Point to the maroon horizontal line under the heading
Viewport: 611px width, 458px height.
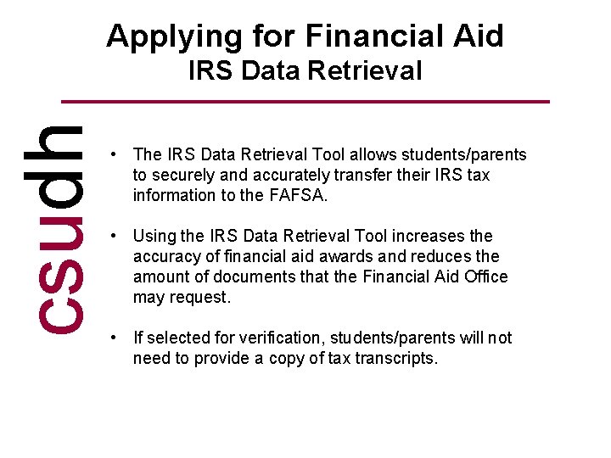pyautogui.click(x=306, y=103)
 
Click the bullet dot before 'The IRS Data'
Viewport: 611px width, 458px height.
pyautogui.click(x=113, y=154)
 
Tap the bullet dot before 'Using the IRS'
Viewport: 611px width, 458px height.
pyautogui.click(x=113, y=236)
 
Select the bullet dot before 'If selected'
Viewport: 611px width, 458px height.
pyautogui.click(x=113, y=338)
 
